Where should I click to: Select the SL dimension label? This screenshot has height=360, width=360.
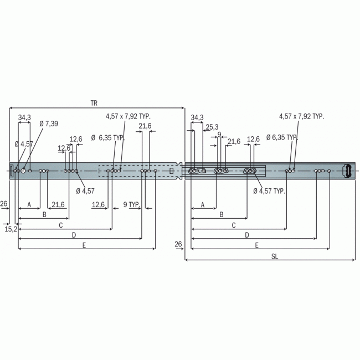click(275, 255)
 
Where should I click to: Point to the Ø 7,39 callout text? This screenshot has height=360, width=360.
click(49, 124)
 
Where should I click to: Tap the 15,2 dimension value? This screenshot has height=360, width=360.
click(11, 228)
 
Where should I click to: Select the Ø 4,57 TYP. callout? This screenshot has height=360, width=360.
click(269, 191)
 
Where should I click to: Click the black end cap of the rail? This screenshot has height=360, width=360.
click(348, 171)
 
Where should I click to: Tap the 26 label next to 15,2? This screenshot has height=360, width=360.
click(4, 204)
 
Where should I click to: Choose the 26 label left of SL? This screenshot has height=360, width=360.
click(178, 244)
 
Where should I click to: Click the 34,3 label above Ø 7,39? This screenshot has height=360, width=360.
click(24, 117)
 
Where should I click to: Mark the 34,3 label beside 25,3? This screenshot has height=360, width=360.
click(197, 117)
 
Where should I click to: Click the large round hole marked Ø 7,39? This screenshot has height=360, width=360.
click(23, 171)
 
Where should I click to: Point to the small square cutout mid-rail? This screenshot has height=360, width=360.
click(171, 171)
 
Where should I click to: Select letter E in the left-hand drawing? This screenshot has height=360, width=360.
click(84, 245)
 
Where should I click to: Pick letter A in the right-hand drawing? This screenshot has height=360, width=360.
click(202, 204)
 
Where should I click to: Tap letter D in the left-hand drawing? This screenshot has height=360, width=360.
click(74, 235)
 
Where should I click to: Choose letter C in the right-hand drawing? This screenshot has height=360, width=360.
click(234, 225)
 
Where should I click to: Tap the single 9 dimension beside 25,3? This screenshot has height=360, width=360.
click(219, 134)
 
